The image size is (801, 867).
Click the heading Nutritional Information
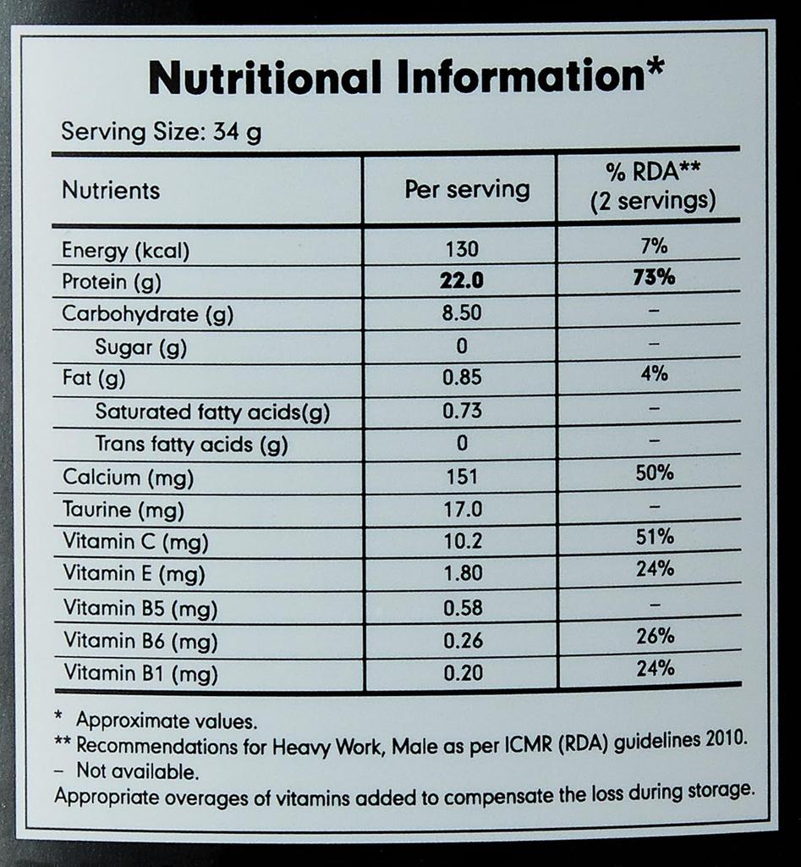pyautogui.click(x=403, y=78)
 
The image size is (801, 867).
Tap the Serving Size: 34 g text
pyautogui.click(x=161, y=132)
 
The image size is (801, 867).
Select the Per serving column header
pyautogui.click(x=467, y=189)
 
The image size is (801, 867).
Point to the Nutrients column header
pyautogui.click(x=111, y=190)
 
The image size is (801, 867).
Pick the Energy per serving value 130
pyautogui.click(x=462, y=249)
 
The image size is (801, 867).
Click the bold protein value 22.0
pyautogui.click(x=462, y=280)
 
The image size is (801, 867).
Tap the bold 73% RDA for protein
pyautogui.click(x=655, y=278)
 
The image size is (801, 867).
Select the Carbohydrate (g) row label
pyautogui.click(x=147, y=314)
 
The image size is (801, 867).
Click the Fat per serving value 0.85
pyautogui.click(x=462, y=378)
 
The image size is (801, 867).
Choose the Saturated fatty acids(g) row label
pyautogui.click(x=212, y=412)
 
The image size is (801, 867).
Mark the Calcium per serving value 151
pyautogui.click(x=462, y=477)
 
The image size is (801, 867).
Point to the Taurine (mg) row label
pyautogui.click(x=123, y=510)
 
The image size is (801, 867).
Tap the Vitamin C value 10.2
pyautogui.click(x=462, y=541)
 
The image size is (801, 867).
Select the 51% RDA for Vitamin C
pyautogui.click(x=655, y=537)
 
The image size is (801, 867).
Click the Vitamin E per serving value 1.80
pyautogui.click(x=462, y=573)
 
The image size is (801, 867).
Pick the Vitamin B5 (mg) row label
pyautogui.click(x=140, y=608)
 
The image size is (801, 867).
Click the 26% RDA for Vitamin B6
pyautogui.click(x=655, y=635)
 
